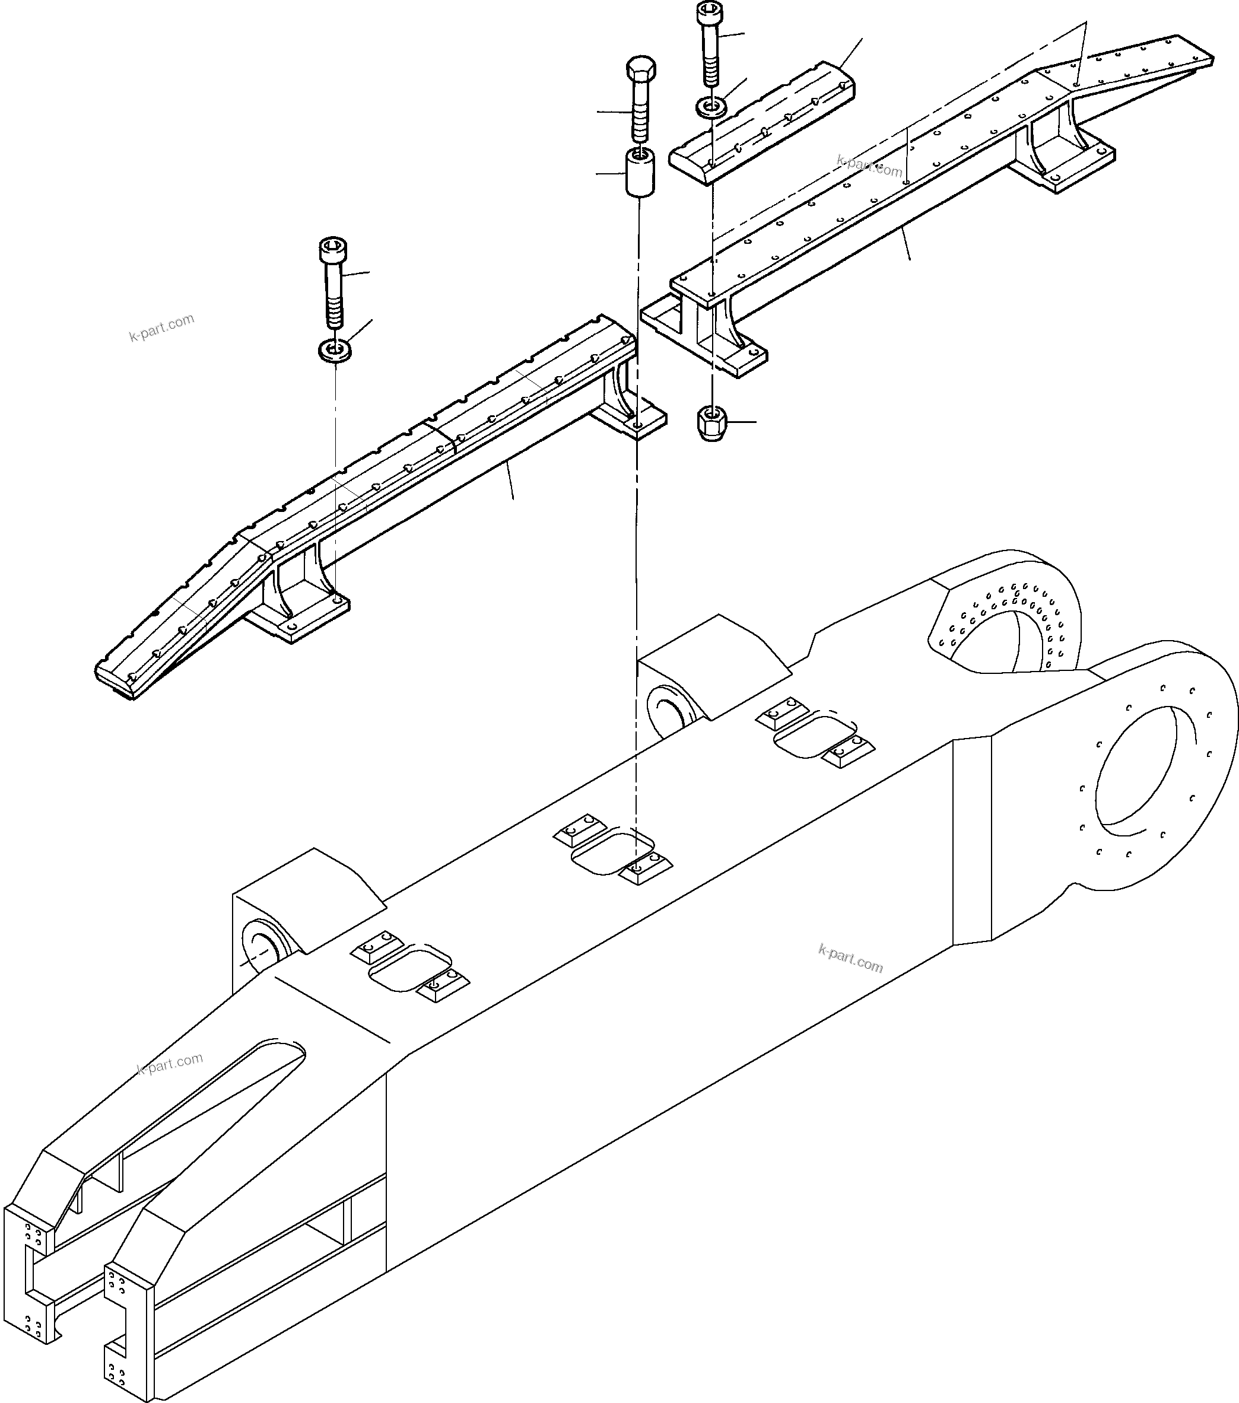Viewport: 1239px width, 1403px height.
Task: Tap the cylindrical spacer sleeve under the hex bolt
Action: (x=638, y=174)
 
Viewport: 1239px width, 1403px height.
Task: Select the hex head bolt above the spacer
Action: (x=640, y=103)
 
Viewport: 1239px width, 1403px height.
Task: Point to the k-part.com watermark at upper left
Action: (x=161, y=327)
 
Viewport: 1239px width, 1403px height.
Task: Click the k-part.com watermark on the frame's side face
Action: (x=850, y=957)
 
